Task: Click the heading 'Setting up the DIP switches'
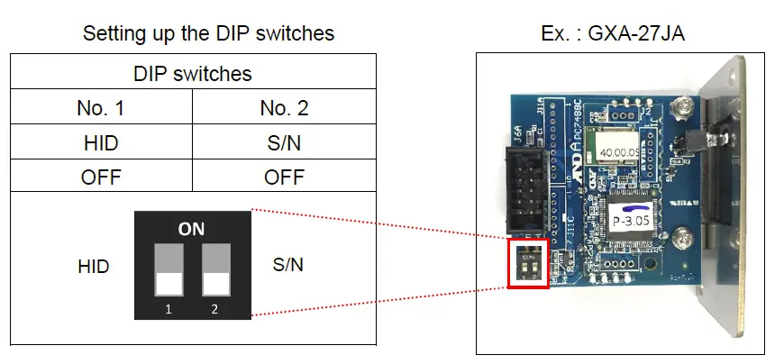point(208,34)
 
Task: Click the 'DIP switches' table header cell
point(193,73)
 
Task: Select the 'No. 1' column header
point(101,108)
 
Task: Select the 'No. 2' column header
point(284,108)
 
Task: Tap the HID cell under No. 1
point(101,143)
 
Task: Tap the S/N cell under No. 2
point(284,143)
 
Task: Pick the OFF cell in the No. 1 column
point(101,177)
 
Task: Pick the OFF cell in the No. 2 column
point(284,177)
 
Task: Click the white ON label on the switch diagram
point(191,230)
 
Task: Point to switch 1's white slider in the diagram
point(169,285)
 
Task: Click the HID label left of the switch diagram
point(94,267)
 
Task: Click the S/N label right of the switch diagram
point(288,266)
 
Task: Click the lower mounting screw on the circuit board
point(683,241)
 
